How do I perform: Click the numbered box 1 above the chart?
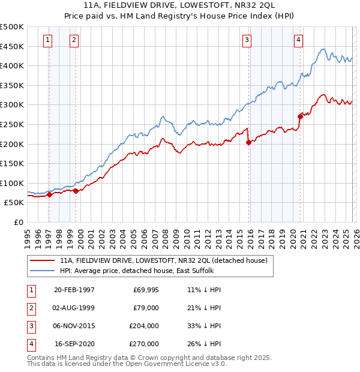click(47, 40)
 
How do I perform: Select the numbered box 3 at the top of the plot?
click(247, 40)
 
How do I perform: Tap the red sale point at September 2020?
click(300, 116)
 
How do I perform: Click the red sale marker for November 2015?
click(248, 142)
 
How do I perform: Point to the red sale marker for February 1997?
click(50, 194)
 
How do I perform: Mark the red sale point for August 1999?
click(76, 191)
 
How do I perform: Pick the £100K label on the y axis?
click(12, 183)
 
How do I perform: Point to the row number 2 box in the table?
click(29, 308)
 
